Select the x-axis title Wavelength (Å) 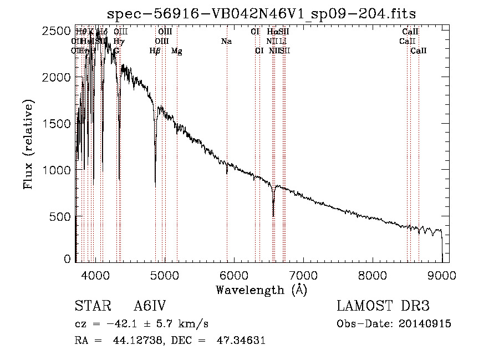[x=261, y=289]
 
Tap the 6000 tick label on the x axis [x=233, y=274]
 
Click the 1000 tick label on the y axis [x=55, y=170]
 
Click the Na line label [x=226, y=42]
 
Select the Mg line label [x=176, y=51]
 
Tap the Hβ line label [x=155, y=51]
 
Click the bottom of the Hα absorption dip [x=273, y=215]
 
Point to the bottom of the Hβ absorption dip [x=155, y=186]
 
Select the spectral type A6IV [x=150, y=307]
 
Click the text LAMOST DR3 [x=383, y=307]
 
